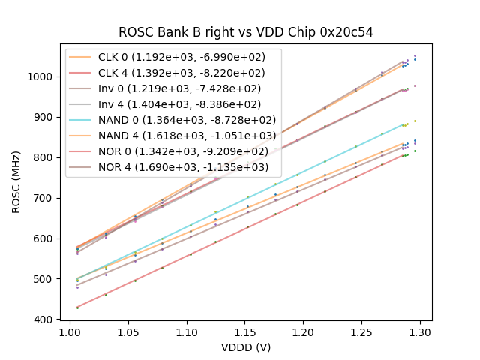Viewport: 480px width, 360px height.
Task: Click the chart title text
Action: point(246,32)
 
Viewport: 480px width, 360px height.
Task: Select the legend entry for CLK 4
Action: point(172,73)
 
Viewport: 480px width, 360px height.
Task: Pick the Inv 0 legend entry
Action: point(172,88)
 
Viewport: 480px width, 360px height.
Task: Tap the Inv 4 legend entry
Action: point(172,104)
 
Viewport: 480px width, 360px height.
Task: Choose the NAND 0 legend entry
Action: point(172,120)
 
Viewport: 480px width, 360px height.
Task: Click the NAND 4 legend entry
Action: point(172,136)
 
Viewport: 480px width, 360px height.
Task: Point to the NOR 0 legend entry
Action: point(172,151)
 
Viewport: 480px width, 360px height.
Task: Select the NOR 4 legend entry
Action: point(172,167)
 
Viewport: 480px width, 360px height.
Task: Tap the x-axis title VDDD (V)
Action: point(246,347)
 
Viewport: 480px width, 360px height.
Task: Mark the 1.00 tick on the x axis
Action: point(70,331)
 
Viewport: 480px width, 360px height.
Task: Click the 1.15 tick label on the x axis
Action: point(245,331)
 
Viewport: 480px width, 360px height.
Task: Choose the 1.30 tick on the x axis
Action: point(420,331)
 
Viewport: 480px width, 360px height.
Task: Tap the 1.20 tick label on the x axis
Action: point(304,331)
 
